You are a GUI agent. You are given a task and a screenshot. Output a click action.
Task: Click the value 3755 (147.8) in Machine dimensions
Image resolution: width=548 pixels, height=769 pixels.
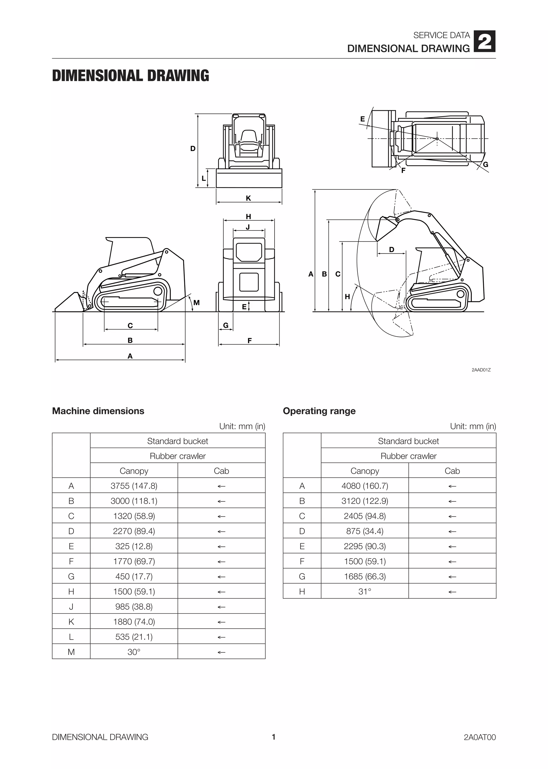point(134,486)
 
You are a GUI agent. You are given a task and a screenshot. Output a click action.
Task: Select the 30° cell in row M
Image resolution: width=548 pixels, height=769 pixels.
point(134,652)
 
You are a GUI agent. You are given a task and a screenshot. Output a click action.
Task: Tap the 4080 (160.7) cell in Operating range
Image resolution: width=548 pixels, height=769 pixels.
point(365,486)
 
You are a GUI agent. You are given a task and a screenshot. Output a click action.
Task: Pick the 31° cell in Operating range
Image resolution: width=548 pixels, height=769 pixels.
point(365,592)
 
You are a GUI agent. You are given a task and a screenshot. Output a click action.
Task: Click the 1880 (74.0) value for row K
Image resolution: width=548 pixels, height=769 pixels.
point(134,622)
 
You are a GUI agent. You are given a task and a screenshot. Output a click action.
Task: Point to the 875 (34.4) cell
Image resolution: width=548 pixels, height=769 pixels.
point(365,531)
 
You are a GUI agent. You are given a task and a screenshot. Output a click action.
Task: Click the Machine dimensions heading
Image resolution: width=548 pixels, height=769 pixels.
point(98,411)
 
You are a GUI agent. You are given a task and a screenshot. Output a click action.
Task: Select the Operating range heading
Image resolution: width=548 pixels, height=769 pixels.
point(319,411)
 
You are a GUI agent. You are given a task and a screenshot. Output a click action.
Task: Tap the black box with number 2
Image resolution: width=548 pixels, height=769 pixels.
point(485,41)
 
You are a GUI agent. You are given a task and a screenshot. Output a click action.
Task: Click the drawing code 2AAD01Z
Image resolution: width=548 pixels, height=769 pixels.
point(481,370)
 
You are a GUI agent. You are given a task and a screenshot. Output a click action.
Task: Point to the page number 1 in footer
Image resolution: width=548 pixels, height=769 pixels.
point(274,737)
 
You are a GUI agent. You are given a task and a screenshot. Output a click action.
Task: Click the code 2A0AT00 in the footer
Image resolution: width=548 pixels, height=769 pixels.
point(479,737)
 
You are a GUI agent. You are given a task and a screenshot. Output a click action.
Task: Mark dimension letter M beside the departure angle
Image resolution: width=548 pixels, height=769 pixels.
point(196,302)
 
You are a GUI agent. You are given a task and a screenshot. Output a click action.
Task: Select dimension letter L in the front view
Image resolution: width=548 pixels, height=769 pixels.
point(203,179)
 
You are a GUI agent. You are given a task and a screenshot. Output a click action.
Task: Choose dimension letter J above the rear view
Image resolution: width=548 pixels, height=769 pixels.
point(248,227)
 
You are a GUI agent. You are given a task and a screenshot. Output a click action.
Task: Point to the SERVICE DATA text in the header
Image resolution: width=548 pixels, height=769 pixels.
point(441,35)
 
